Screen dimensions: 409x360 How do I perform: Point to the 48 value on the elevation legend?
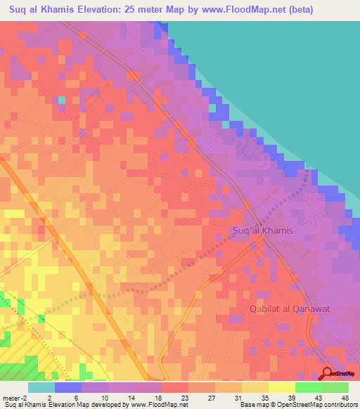(x=345, y=397)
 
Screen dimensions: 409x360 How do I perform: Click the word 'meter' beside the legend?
(x=11, y=397)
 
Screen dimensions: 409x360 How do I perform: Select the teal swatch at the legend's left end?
(x=41, y=387)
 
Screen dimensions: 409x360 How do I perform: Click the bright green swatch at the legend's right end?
(x=335, y=387)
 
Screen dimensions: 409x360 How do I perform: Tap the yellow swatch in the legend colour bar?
(x=281, y=387)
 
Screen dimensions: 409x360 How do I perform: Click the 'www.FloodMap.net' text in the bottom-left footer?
(x=156, y=405)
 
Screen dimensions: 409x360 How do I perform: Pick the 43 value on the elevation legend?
(x=319, y=397)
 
